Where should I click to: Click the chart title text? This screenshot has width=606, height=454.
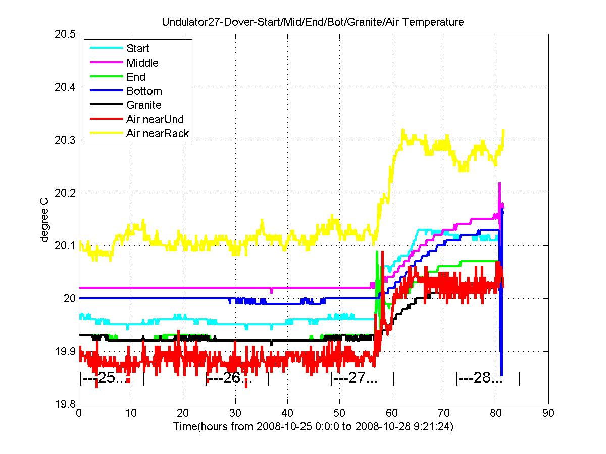313,22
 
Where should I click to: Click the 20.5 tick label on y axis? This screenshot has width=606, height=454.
65,34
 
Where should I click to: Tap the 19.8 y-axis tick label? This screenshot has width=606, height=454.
65,404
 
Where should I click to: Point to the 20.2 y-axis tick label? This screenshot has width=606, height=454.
65,193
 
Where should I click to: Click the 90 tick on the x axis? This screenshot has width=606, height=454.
548,413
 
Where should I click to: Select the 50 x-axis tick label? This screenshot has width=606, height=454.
339,413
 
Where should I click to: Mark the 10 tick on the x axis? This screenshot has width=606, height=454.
131,413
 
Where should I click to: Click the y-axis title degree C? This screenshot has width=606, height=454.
44,220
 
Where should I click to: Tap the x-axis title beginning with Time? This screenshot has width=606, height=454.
313,426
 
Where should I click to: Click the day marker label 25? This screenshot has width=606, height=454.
106,378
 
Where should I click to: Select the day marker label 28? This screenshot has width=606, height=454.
482,378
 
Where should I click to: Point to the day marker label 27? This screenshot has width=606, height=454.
357,378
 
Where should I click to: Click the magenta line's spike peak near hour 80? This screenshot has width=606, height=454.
499,183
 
